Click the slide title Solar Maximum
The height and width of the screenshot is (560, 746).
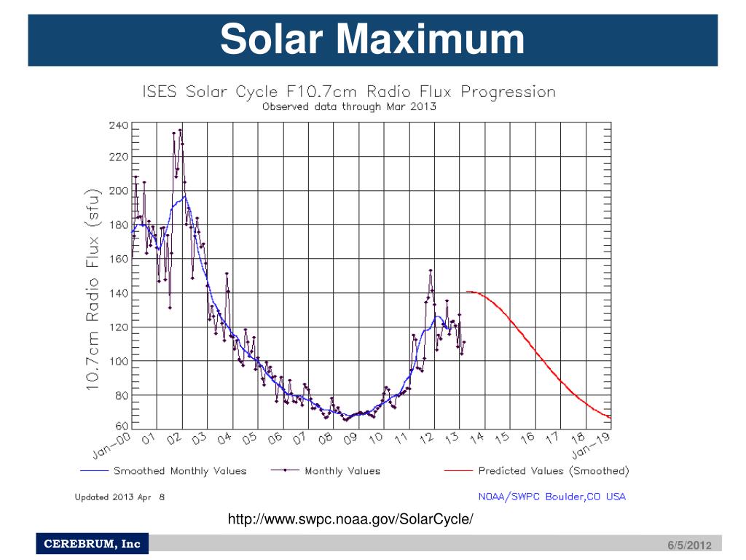pos(372,39)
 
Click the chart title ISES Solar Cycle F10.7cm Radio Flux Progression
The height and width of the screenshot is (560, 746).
pos(348,93)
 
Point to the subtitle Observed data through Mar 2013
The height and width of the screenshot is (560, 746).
pos(348,106)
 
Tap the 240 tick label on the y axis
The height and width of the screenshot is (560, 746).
pos(118,125)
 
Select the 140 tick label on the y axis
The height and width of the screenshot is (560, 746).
pos(118,294)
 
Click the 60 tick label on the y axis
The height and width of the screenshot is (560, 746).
pos(121,426)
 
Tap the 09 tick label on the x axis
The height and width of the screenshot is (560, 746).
pos(350,438)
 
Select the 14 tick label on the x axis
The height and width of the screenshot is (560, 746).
pos(477,438)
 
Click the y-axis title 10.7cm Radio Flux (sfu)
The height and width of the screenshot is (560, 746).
pos(93,289)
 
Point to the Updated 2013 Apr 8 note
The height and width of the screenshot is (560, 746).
pos(120,497)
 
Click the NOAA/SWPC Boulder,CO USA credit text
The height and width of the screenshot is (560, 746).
pos(551,497)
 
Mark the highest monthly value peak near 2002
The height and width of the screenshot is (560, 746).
pos(180,131)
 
